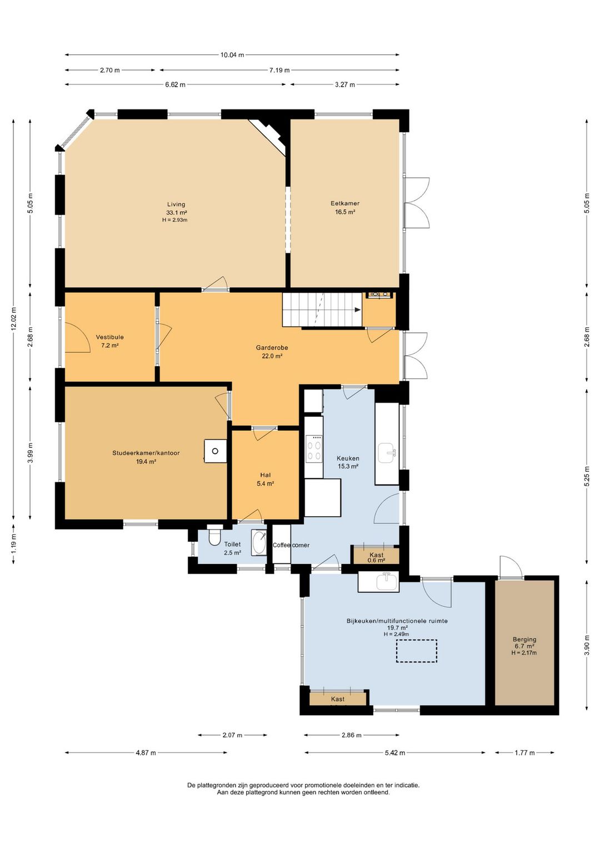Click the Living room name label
[177, 204]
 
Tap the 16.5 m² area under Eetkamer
[345, 212]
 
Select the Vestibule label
[110, 337]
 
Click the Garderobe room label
[272, 347]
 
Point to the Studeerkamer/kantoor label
[146, 453]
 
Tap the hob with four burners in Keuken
[314, 448]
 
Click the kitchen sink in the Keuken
[387, 453]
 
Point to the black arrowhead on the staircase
[357, 310]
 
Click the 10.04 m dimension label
[232, 55]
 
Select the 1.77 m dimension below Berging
[524, 753]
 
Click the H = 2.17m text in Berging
[524, 652]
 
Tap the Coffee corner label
[291, 545]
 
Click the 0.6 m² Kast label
[376, 560]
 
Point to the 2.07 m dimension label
[232, 735]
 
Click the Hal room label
[266, 475]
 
